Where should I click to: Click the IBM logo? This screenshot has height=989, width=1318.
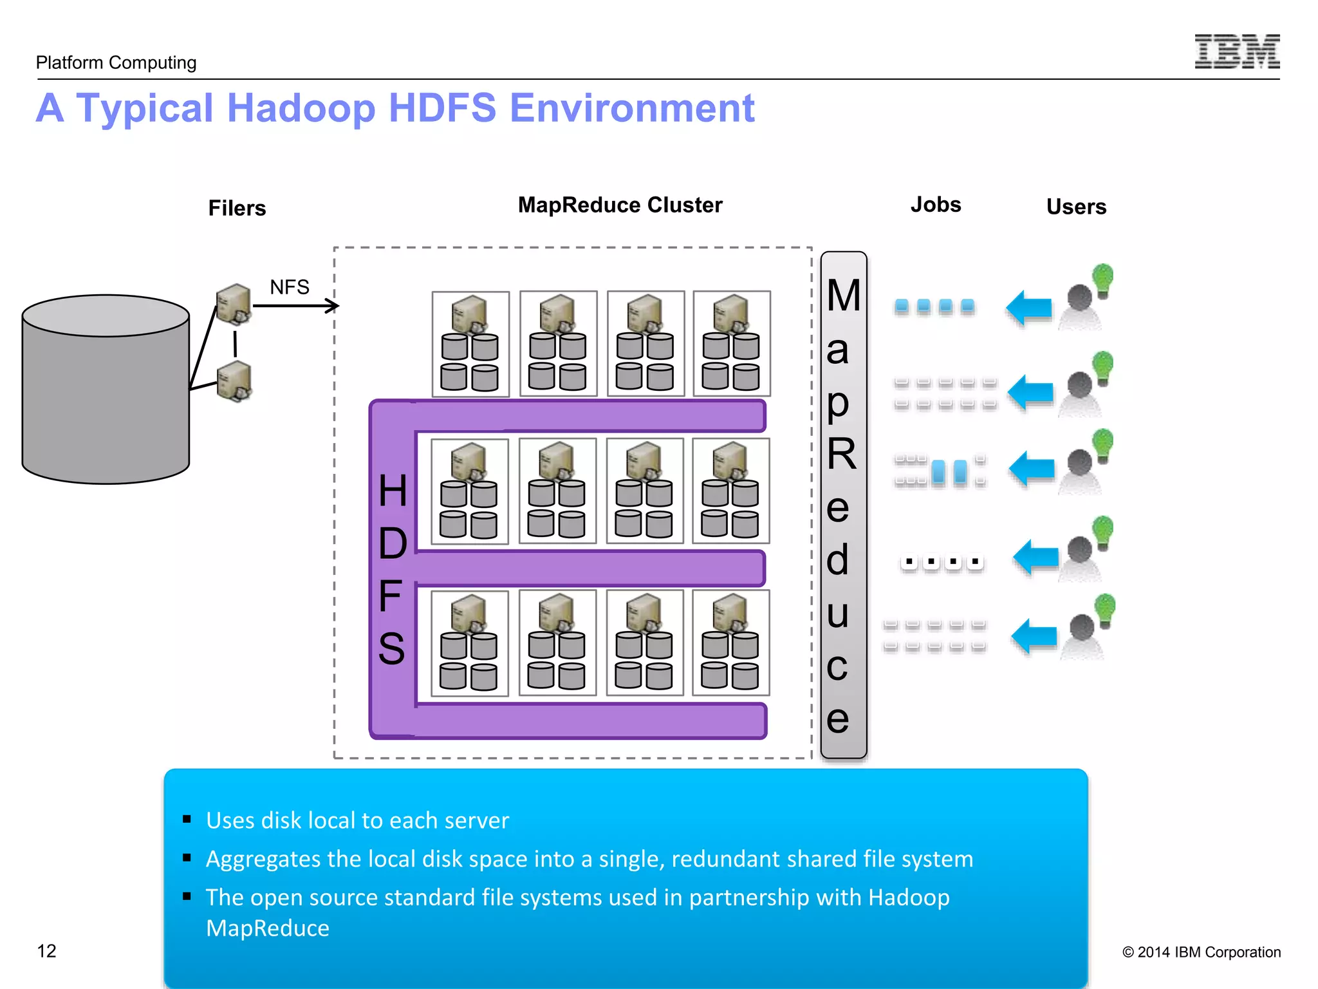(x=1237, y=52)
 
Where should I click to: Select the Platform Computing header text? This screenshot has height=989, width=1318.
(x=116, y=62)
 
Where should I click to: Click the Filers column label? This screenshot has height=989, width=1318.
(x=237, y=208)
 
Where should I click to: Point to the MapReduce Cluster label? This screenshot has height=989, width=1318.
(x=620, y=205)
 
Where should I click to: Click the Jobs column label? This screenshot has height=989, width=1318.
(x=935, y=205)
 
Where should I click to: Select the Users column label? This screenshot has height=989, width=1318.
(x=1076, y=207)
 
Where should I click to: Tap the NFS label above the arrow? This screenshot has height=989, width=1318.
(x=290, y=287)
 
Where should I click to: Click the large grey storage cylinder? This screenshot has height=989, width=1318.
(x=106, y=399)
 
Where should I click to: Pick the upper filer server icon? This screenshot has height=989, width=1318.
(x=234, y=303)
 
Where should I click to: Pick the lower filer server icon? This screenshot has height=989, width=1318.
(x=234, y=381)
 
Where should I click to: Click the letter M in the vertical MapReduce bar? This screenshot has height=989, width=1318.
(x=844, y=296)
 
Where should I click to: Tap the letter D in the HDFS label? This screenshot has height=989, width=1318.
(x=393, y=543)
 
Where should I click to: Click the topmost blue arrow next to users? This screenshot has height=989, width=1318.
(x=1029, y=308)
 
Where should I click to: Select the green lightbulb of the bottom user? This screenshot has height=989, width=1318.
(x=1105, y=608)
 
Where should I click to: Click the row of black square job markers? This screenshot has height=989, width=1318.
(x=942, y=562)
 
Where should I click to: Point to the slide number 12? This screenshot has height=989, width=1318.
(x=46, y=951)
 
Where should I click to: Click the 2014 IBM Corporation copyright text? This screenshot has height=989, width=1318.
(x=1201, y=952)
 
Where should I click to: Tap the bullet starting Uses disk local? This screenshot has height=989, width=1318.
(x=357, y=820)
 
